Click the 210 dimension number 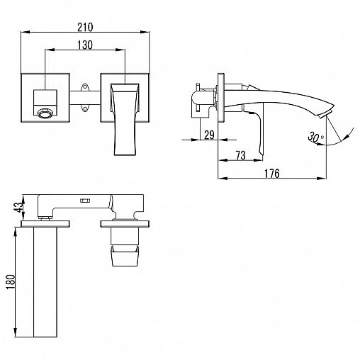(85, 27)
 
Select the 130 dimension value (85, 45)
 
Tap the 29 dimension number (209, 135)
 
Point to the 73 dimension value (240, 155)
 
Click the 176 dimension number (271, 174)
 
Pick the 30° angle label (315, 137)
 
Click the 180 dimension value (11, 282)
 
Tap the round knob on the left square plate (45, 113)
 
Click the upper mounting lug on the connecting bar (85, 87)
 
